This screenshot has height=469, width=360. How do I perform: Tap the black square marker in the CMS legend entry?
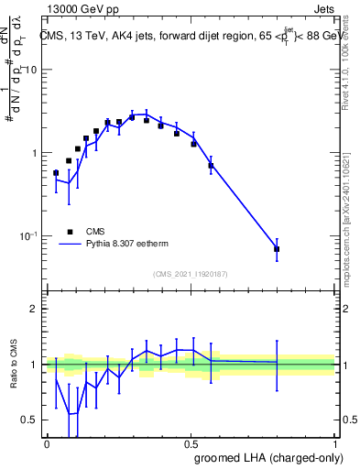tap(68, 232)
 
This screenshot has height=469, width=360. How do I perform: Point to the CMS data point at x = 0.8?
tap(277, 249)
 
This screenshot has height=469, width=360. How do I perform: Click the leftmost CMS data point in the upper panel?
tap(56, 172)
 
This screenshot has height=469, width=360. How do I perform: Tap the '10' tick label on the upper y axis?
tap(32, 71)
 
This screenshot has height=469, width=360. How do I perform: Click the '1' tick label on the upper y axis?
tap(36, 153)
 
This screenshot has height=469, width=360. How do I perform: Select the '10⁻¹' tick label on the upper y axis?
tap(30, 236)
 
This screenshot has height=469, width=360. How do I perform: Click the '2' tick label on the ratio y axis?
tap(36, 309)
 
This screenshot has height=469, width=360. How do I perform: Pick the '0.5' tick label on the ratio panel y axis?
tap(31, 420)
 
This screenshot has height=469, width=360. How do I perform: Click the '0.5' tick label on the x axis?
tap(191, 442)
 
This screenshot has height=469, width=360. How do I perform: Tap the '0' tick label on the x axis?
tap(47, 442)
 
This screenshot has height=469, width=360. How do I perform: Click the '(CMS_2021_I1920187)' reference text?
tap(191, 274)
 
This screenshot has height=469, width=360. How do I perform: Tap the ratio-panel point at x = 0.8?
tap(277, 363)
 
